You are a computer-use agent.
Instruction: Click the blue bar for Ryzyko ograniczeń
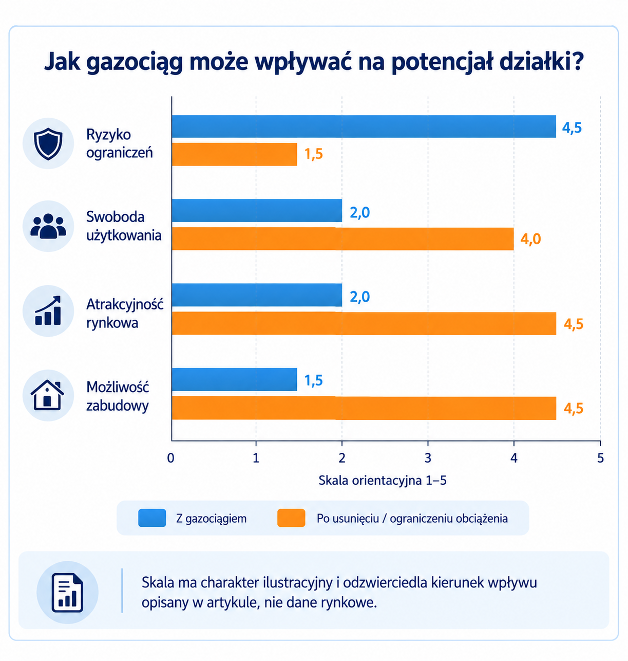click(x=364, y=126)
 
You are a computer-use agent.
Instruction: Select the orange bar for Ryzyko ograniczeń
click(x=234, y=154)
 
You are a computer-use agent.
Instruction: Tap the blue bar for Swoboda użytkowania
click(x=257, y=210)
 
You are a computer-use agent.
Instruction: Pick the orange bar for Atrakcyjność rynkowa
click(x=364, y=323)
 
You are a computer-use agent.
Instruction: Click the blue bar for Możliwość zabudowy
click(x=234, y=380)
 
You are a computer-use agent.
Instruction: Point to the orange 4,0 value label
click(x=530, y=239)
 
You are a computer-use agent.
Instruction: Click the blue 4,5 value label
click(x=572, y=128)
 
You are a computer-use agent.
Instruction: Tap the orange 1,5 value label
click(x=314, y=154)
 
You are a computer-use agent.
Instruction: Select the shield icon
click(x=48, y=143)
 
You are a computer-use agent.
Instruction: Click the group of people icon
click(x=48, y=226)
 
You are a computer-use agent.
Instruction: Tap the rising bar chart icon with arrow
click(x=48, y=310)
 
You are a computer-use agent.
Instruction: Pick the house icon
click(x=47, y=395)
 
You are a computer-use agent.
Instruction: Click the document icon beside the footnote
click(x=67, y=593)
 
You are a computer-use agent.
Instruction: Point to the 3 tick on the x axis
click(x=428, y=458)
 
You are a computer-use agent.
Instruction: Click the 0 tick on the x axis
click(x=170, y=458)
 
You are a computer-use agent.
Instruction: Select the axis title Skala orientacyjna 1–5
click(x=383, y=481)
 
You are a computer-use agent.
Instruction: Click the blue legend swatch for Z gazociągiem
click(x=152, y=518)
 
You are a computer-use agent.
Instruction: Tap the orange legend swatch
click(x=291, y=518)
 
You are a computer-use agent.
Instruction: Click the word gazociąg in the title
click(x=135, y=63)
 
